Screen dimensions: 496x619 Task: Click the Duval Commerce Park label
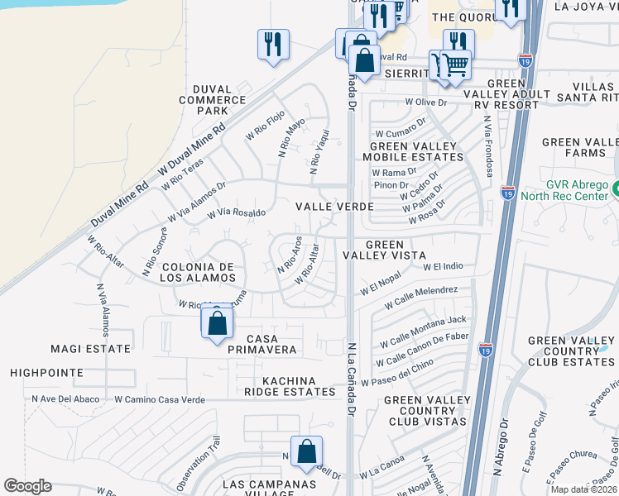pos(214,99)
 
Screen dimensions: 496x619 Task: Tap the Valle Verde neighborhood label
pos(329,206)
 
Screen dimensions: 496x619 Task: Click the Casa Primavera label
pos(260,345)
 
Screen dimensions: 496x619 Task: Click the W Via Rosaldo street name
pos(236,213)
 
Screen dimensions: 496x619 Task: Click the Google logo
pos(27,486)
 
